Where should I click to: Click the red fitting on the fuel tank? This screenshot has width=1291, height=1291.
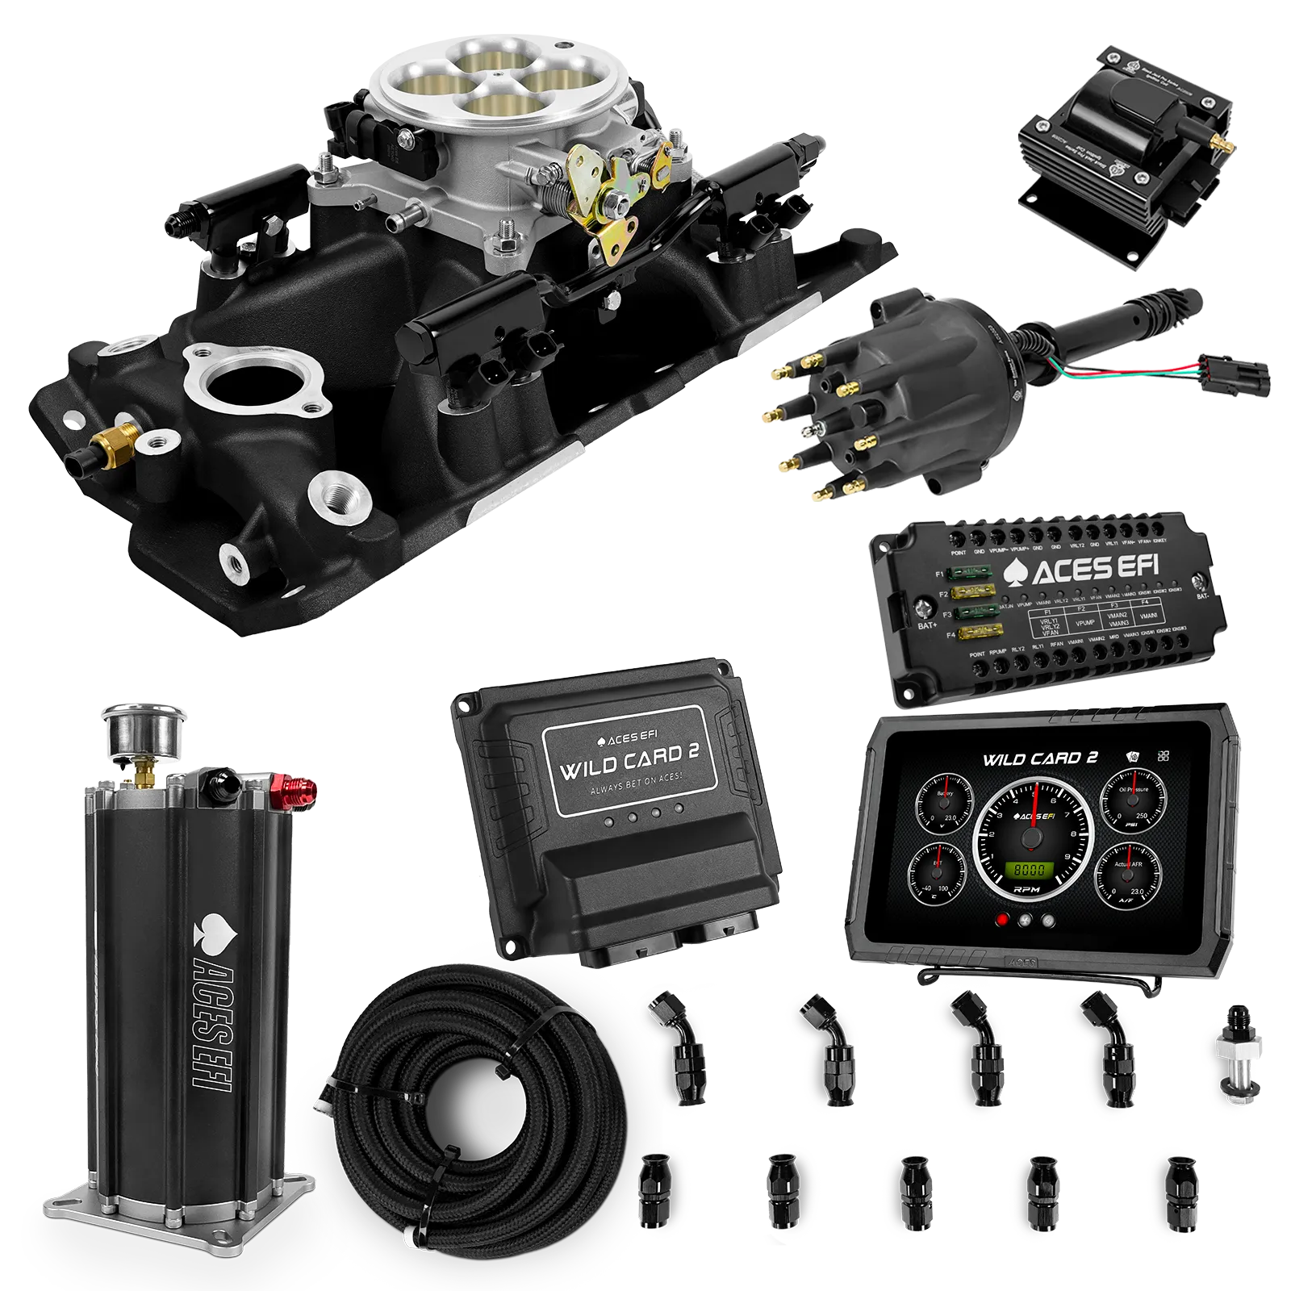click(x=295, y=786)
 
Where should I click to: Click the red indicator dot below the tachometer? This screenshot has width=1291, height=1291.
click(x=1003, y=920)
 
